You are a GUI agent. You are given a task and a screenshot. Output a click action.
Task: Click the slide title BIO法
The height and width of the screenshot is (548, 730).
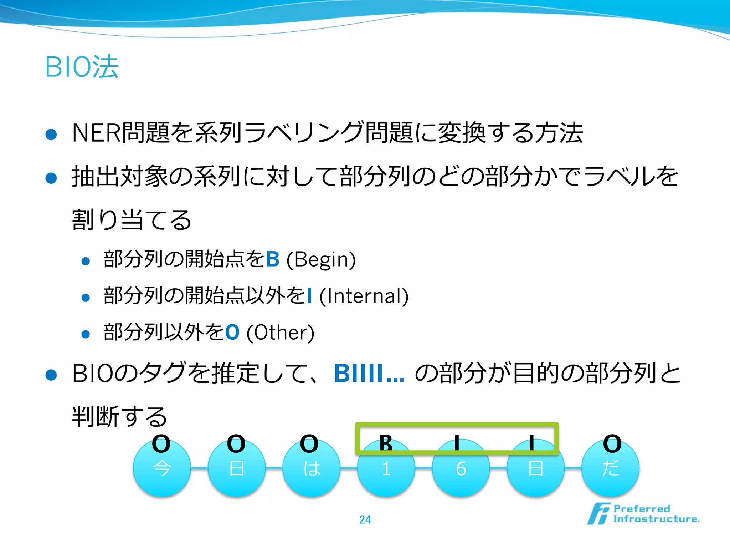(82, 67)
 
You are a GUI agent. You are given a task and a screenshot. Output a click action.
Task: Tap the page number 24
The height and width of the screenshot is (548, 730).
(365, 519)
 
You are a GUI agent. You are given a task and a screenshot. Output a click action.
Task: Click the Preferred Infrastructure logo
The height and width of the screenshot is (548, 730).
(643, 514)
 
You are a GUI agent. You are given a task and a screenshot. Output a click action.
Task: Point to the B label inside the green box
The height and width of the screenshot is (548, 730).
(386, 443)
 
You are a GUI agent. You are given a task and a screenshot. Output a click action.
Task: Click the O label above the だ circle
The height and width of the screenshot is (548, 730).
(612, 444)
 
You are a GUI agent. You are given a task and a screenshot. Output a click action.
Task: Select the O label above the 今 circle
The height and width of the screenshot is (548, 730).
(161, 444)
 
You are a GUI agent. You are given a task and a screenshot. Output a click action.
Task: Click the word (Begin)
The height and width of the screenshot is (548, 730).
(321, 259)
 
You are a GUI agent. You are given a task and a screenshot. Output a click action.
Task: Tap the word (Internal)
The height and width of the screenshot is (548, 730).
(364, 296)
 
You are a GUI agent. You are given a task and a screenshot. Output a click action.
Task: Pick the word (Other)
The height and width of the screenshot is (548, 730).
(280, 333)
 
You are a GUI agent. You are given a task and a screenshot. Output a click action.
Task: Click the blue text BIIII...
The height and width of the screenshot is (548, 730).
(369, 374)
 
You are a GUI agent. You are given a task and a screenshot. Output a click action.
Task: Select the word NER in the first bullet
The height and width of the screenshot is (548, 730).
(96, 133)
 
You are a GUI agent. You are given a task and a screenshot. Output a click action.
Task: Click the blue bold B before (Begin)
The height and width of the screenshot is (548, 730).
(273, 259)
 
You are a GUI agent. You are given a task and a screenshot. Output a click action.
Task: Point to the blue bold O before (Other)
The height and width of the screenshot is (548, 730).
(232, 333)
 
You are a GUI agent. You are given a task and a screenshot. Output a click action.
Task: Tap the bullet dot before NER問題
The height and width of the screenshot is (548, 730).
(51, 135)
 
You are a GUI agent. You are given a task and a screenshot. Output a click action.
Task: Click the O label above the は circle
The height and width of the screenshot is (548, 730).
(309, 444)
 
